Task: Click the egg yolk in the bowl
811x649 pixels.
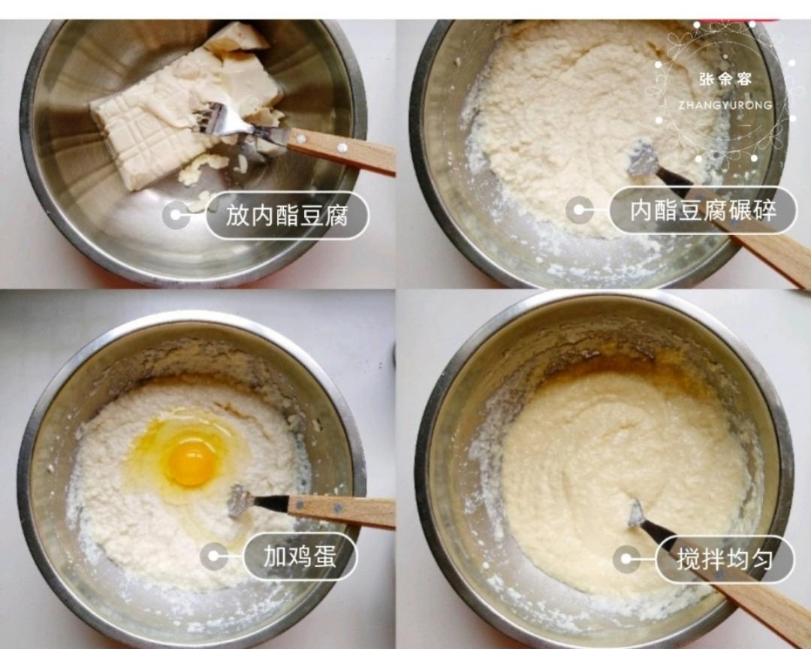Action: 191,463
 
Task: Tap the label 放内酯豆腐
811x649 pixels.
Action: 287,216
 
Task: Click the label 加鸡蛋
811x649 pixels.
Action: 300,557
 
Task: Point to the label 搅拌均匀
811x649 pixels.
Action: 724,559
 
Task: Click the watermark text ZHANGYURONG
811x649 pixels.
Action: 725,105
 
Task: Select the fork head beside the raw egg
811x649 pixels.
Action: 240,500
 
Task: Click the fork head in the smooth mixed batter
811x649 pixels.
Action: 637,515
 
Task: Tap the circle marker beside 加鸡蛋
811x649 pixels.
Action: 215,557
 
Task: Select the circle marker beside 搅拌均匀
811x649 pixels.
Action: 626,559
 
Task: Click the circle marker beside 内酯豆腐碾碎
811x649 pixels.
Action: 580,210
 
